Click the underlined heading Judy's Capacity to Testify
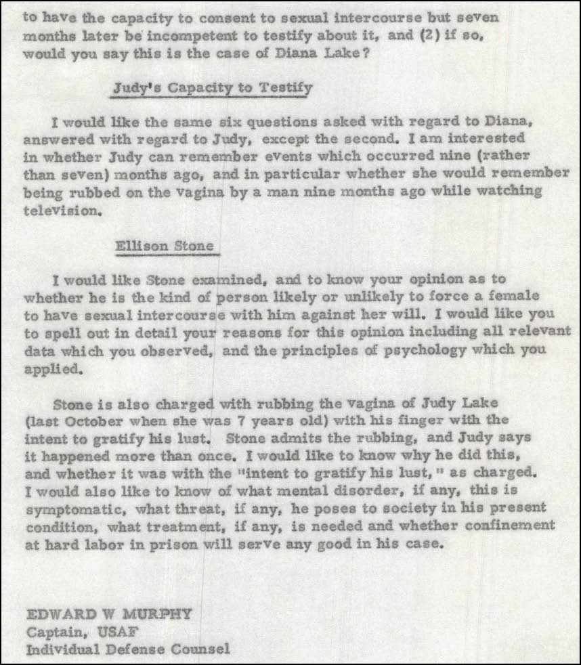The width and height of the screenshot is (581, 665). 212,88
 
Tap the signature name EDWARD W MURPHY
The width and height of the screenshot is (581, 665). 108,614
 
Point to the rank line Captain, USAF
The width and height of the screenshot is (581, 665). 72,632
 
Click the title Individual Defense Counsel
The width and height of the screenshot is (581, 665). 127,649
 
